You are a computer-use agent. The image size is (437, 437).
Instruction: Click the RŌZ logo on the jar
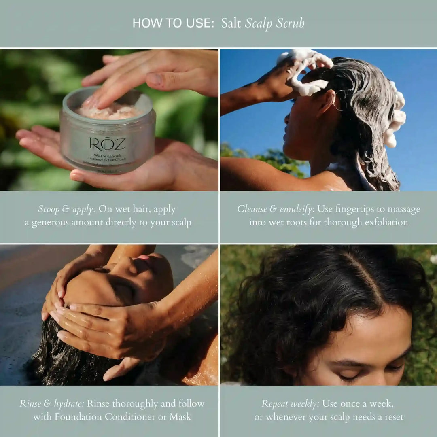click(108, 144)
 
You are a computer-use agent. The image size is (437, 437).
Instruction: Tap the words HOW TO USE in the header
click(173, 23)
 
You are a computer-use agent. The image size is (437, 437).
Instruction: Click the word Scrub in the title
click(290, 23)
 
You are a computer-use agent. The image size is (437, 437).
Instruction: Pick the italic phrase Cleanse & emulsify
click(275, 209)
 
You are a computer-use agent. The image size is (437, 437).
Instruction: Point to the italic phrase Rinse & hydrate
click(51, 403)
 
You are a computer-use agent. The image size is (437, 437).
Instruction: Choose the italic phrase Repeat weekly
click(290, 403)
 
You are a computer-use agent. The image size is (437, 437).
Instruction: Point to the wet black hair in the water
click(69, 356)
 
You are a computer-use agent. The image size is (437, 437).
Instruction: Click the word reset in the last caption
click(392, 416)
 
